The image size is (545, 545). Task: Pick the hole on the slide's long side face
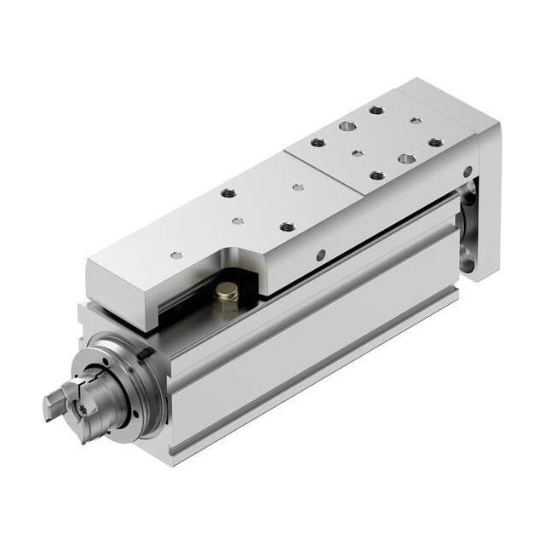(x=320, y=253)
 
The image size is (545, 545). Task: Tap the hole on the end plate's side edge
(x=466, y=173)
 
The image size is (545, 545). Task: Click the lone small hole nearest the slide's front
(x=176, y=254)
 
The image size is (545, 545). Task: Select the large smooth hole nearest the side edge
(x=405, y=159)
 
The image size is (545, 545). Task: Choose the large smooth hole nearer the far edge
(x=347, y=126)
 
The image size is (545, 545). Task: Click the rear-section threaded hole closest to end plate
(x=435, y=142)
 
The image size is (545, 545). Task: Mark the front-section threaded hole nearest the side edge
(x=287, y=227)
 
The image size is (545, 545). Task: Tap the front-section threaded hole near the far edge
(x=228, y=193)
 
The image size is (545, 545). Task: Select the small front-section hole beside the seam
(x=297, y=186)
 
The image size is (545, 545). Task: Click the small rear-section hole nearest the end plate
(x=415, y=121)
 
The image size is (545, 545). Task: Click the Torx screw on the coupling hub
(x=86, y=410)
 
